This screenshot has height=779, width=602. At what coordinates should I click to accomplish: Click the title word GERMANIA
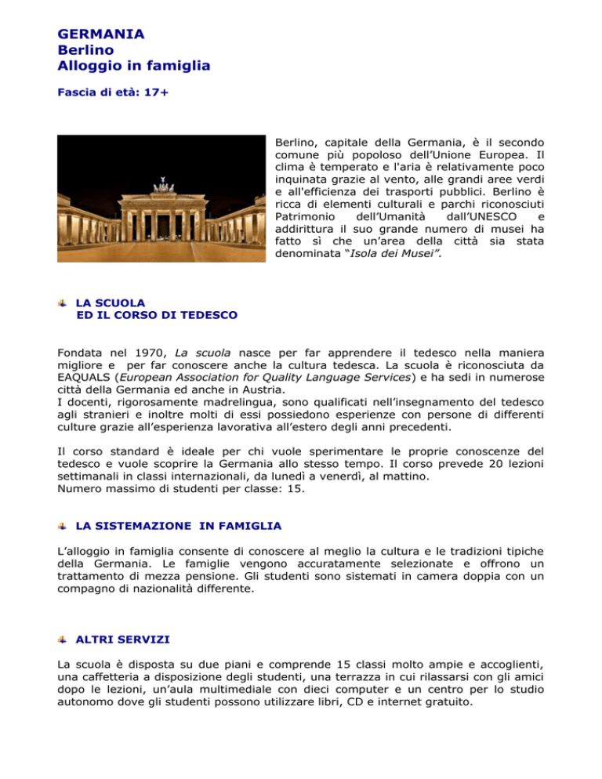point(101,34)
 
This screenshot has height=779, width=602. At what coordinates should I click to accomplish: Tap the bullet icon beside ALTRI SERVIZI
point(63,640)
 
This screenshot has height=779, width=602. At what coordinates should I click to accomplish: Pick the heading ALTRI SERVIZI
point(119,640)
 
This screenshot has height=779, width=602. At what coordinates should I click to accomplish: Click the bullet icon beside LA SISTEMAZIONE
point(63,524)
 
